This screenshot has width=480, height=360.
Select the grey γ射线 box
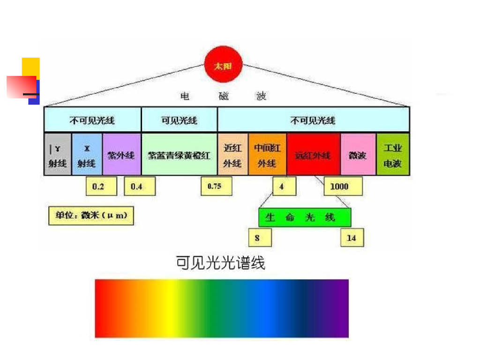coord(58,154)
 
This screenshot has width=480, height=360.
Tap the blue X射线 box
coord(87,154)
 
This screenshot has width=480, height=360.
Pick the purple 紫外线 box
coord(121,154)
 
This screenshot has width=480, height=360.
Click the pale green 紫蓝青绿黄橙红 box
coord(179,154)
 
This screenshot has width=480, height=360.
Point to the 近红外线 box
coord(232,154)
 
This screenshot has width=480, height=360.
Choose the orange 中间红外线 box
coord(267,154)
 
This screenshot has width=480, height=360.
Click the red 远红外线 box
coord(313,154)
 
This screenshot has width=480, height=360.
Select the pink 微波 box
coord(358,154)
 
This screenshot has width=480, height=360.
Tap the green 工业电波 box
coord(393,154)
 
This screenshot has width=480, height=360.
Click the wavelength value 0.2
coord(98,187)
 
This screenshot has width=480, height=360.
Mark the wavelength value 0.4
coord(136,187)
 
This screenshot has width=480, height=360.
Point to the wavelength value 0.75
coord(214,186)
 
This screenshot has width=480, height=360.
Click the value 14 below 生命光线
coord(352,238)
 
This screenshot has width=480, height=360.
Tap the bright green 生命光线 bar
coord(304,217)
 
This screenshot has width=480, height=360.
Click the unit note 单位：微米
coord(91,216)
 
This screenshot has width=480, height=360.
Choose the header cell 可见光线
coord(179,120)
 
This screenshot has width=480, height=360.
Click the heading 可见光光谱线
coord(220,262)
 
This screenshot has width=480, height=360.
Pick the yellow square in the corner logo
coord(31,67)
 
